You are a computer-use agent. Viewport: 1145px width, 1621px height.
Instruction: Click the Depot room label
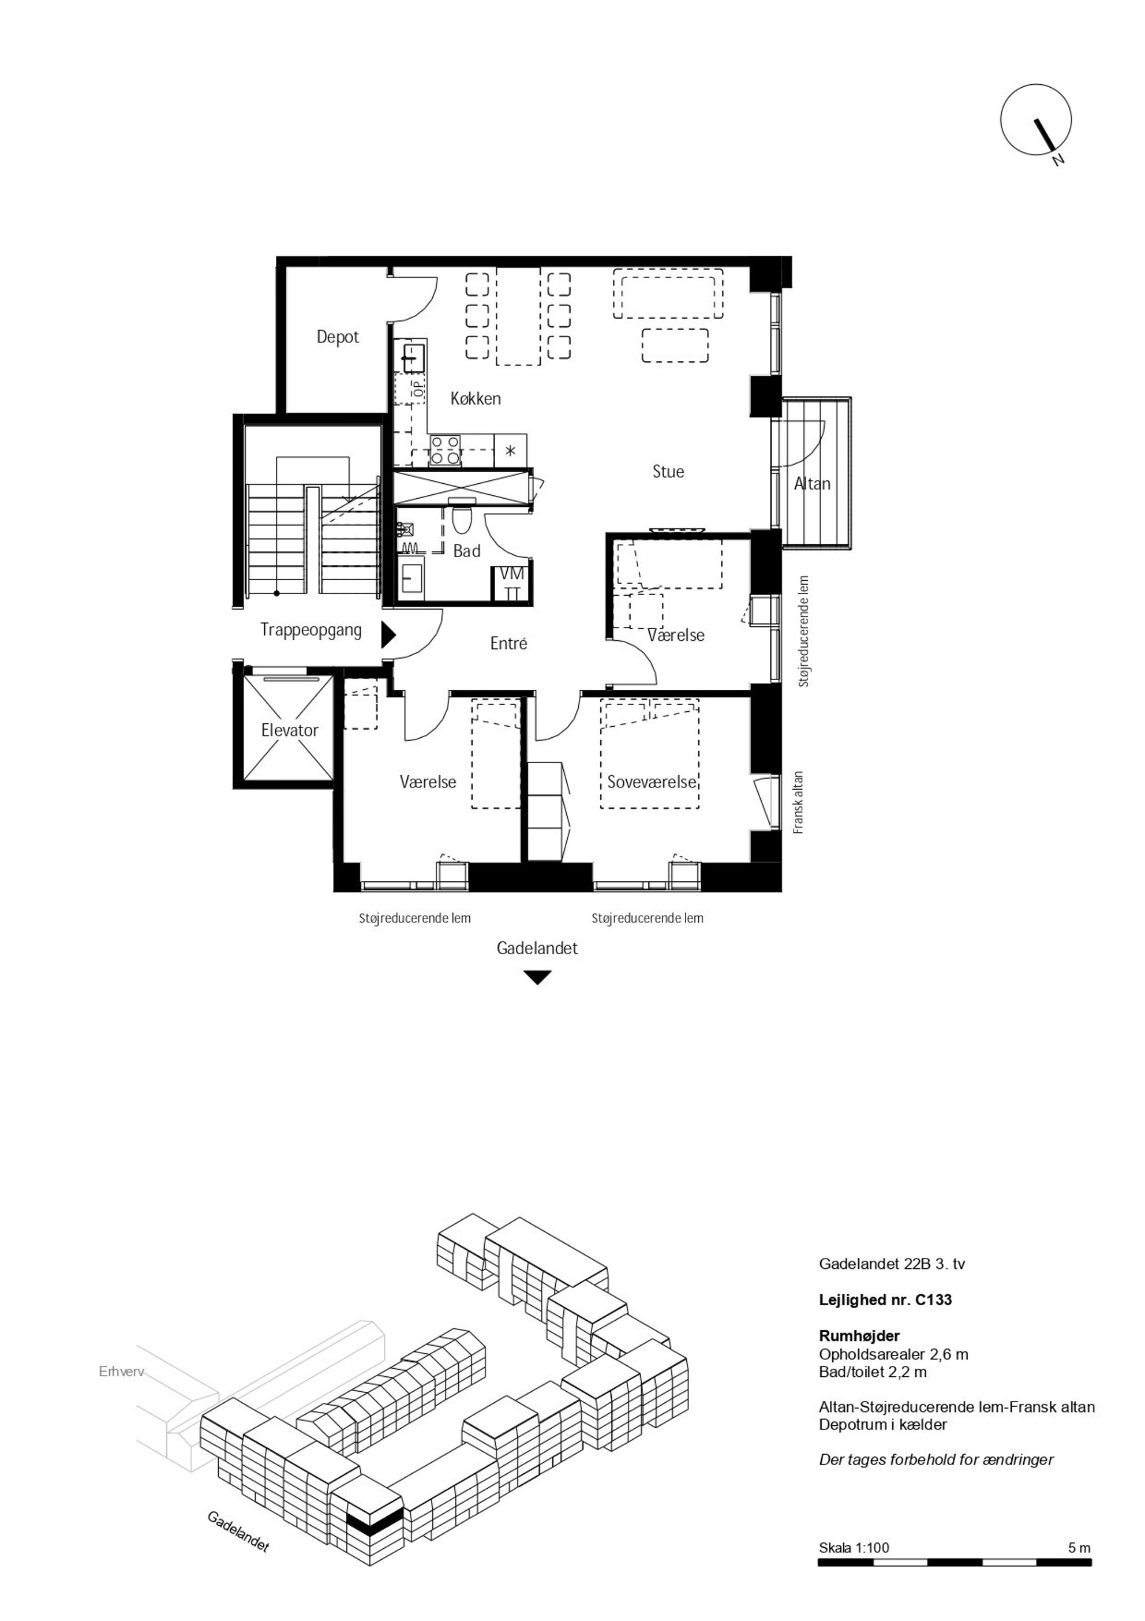338,338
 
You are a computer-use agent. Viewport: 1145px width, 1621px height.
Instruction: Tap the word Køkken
476,399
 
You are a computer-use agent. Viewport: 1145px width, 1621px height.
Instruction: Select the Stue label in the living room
668,472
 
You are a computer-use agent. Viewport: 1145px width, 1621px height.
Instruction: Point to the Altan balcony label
812,484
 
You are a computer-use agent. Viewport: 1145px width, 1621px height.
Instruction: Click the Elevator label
290,730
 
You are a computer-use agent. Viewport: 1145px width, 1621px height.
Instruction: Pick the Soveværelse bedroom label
652,782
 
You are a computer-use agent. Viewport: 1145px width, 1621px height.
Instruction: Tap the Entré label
508,643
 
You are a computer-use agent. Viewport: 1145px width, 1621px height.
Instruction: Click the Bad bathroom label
467,551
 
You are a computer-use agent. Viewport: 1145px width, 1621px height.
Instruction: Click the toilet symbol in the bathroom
462,519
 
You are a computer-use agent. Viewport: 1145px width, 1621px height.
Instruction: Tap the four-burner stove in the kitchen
446,450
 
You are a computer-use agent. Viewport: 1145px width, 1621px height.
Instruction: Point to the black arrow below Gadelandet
537,978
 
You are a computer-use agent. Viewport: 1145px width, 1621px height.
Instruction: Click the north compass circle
1035,119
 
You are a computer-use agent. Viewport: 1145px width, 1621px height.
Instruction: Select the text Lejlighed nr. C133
885,1300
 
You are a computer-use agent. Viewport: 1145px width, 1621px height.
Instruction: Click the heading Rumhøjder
859,1336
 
